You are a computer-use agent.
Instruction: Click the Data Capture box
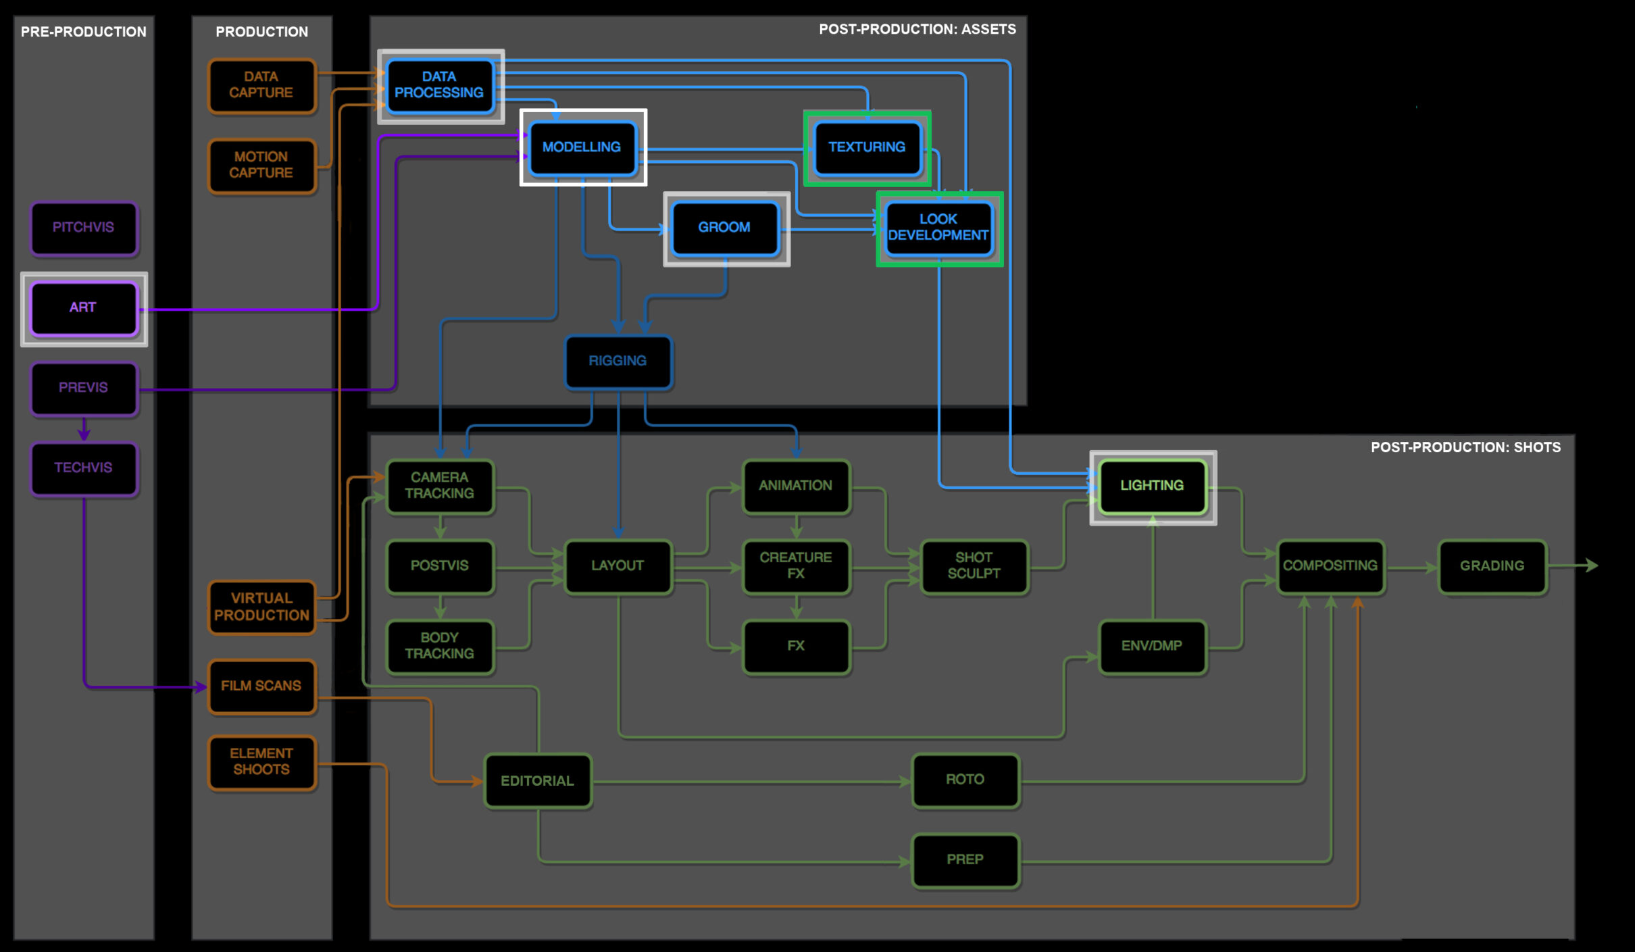[x=261, y=85]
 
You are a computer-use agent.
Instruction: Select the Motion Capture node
[x=261, y=165]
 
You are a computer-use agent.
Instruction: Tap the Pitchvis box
[x=84, y=228]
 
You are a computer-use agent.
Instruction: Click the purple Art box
[x=84, y=308]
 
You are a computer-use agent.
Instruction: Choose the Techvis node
[x=84, y=468]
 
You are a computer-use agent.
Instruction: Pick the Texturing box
[x=867, y=147]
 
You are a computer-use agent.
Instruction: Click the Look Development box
[x=938, y=228]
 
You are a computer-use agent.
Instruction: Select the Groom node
[x=725, y=228]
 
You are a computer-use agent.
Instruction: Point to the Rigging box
[x=618, y=361]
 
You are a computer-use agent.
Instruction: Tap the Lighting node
[x=1152, y=486]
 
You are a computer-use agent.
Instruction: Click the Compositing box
[x=1330, y=566]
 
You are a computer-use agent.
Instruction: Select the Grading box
[x=1492, y=566]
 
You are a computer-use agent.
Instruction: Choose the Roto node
[x=965, y=780]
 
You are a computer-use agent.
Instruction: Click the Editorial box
[x=537, y=781]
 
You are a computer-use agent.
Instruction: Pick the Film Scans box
[x=261, y=686]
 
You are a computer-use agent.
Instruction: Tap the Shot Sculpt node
[x=974, y=566]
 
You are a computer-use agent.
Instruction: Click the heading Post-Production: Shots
[x=1465, y=447]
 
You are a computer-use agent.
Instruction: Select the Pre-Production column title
[x=84, y=32]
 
